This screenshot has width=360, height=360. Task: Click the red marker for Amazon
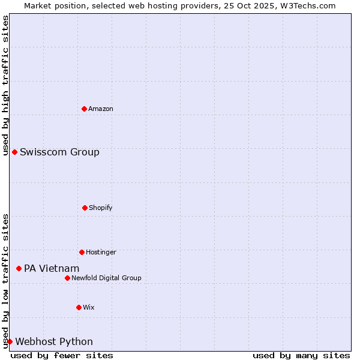click(85, 109)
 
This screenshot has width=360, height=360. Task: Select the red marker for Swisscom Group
click(14, 152)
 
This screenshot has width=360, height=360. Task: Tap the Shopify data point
click(85, 208)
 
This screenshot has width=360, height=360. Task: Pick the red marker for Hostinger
click(82, 252)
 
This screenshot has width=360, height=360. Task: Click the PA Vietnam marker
click(19, 268)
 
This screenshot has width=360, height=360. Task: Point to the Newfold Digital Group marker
click(67, 278)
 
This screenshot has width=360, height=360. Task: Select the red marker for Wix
click(79, 307)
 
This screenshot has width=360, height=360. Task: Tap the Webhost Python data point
click(10, 341)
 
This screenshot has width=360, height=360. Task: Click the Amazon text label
click(101, 109)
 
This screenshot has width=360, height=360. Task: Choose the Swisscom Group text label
click(59, 152)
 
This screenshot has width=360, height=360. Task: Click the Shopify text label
click(101, 208)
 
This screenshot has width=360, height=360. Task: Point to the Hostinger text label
click(101, 252)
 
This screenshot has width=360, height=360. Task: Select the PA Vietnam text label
click(52, 268)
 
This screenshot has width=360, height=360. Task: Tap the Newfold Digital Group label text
click(106, 278)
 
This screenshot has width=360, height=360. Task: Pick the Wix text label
click(89, 307)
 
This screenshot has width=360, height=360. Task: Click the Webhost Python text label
click(54, 341)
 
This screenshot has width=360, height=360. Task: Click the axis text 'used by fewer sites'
click(62, 355)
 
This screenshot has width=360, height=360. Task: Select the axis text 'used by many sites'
click(301, 355)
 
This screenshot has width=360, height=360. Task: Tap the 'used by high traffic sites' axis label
click(5, 85)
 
